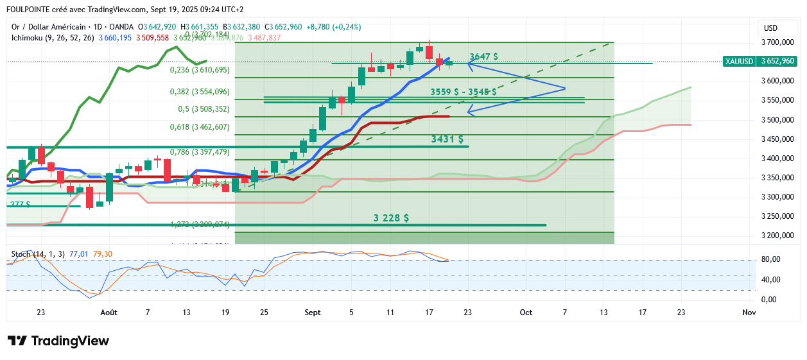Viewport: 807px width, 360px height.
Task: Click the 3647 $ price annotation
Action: coord(483,56)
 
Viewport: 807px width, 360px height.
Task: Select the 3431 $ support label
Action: coord(447,139)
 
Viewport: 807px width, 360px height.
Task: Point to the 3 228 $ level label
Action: coord(391,218)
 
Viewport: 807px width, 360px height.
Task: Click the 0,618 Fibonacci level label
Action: coord(200,127)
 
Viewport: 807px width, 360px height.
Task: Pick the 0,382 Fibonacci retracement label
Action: coord(200,92)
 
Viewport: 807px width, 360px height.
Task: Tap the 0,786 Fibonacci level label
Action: coord(200,152)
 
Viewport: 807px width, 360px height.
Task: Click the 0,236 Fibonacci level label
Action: coord(200,70)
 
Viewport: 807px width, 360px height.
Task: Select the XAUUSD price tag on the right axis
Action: coord(759,61)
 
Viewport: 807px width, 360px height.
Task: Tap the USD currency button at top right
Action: coord(770,28)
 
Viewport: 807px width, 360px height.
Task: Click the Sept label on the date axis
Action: coord(313,313)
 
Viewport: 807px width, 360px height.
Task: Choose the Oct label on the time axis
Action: coord(526,313)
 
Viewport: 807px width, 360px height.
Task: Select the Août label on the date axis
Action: coord(109,313)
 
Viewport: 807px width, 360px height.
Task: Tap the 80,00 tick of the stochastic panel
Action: coord(772,259)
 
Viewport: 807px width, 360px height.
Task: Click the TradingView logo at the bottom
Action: coord(58,341)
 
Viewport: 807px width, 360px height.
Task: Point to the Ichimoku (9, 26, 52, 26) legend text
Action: coord(53,38)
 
